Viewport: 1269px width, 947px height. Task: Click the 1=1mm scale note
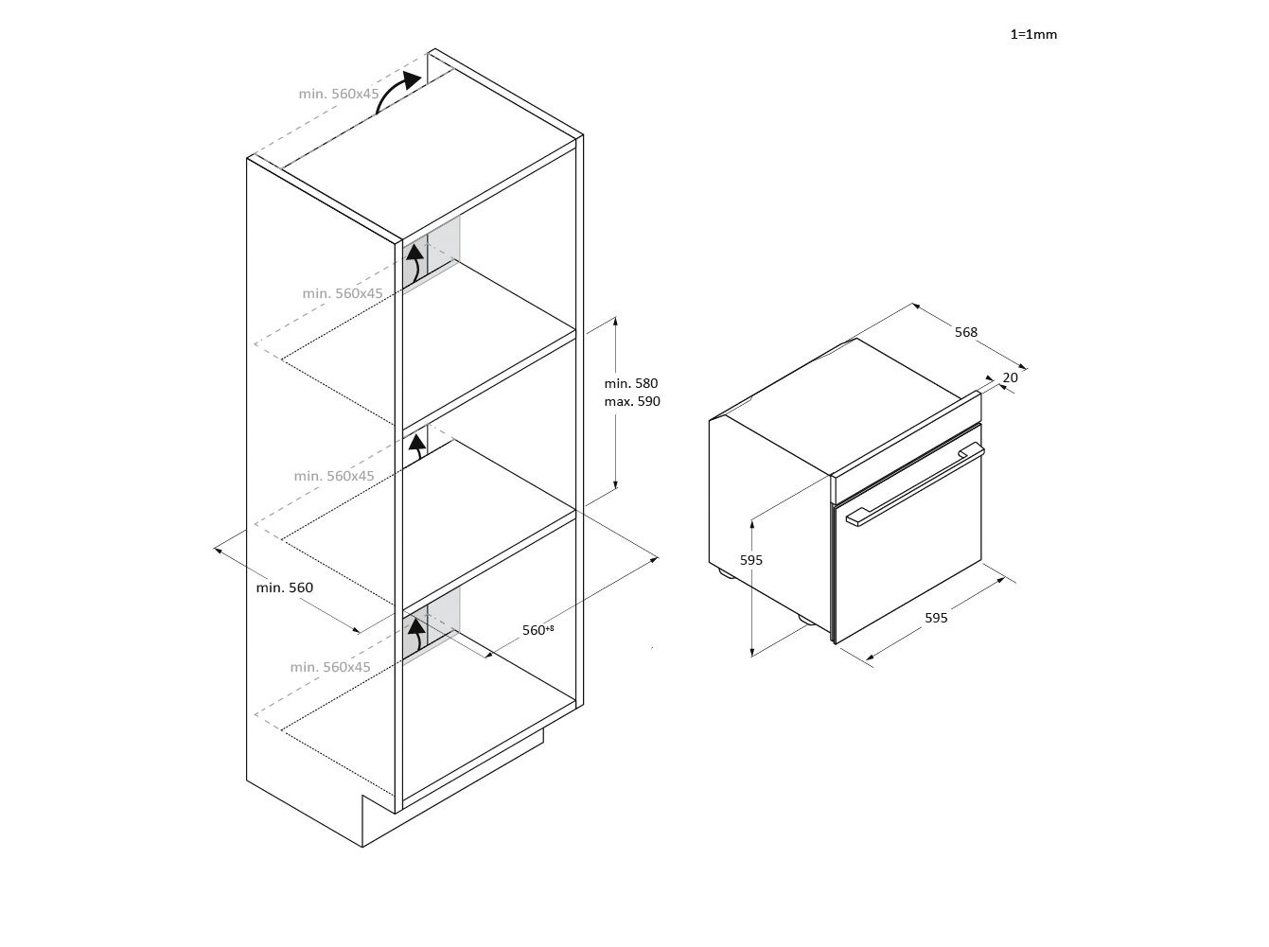point(1033,35)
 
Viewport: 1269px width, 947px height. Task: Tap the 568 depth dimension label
point(965,332)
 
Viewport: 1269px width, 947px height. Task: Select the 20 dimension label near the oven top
point(1010,377)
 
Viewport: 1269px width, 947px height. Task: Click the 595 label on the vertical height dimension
point(751,560)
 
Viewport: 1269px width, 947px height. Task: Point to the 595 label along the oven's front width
point(936,618)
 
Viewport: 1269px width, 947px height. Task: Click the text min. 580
point(631,383)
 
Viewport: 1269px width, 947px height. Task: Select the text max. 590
point(632,401)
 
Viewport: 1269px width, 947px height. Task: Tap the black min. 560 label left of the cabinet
point(285,587)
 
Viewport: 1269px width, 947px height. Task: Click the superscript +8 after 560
point(550,628)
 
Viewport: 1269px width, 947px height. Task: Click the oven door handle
point(914,484)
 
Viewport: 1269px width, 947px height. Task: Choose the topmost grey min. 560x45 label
point(339,94)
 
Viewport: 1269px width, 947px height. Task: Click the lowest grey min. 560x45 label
point(330,667)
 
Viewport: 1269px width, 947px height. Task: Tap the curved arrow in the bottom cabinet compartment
point(415,635)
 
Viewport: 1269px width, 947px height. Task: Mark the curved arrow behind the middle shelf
point(416,447)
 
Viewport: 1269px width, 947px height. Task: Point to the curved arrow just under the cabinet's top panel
point(414,265)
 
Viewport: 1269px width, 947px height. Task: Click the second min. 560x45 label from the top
point(343,293)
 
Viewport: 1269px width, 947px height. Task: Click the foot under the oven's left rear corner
point(725,573)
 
